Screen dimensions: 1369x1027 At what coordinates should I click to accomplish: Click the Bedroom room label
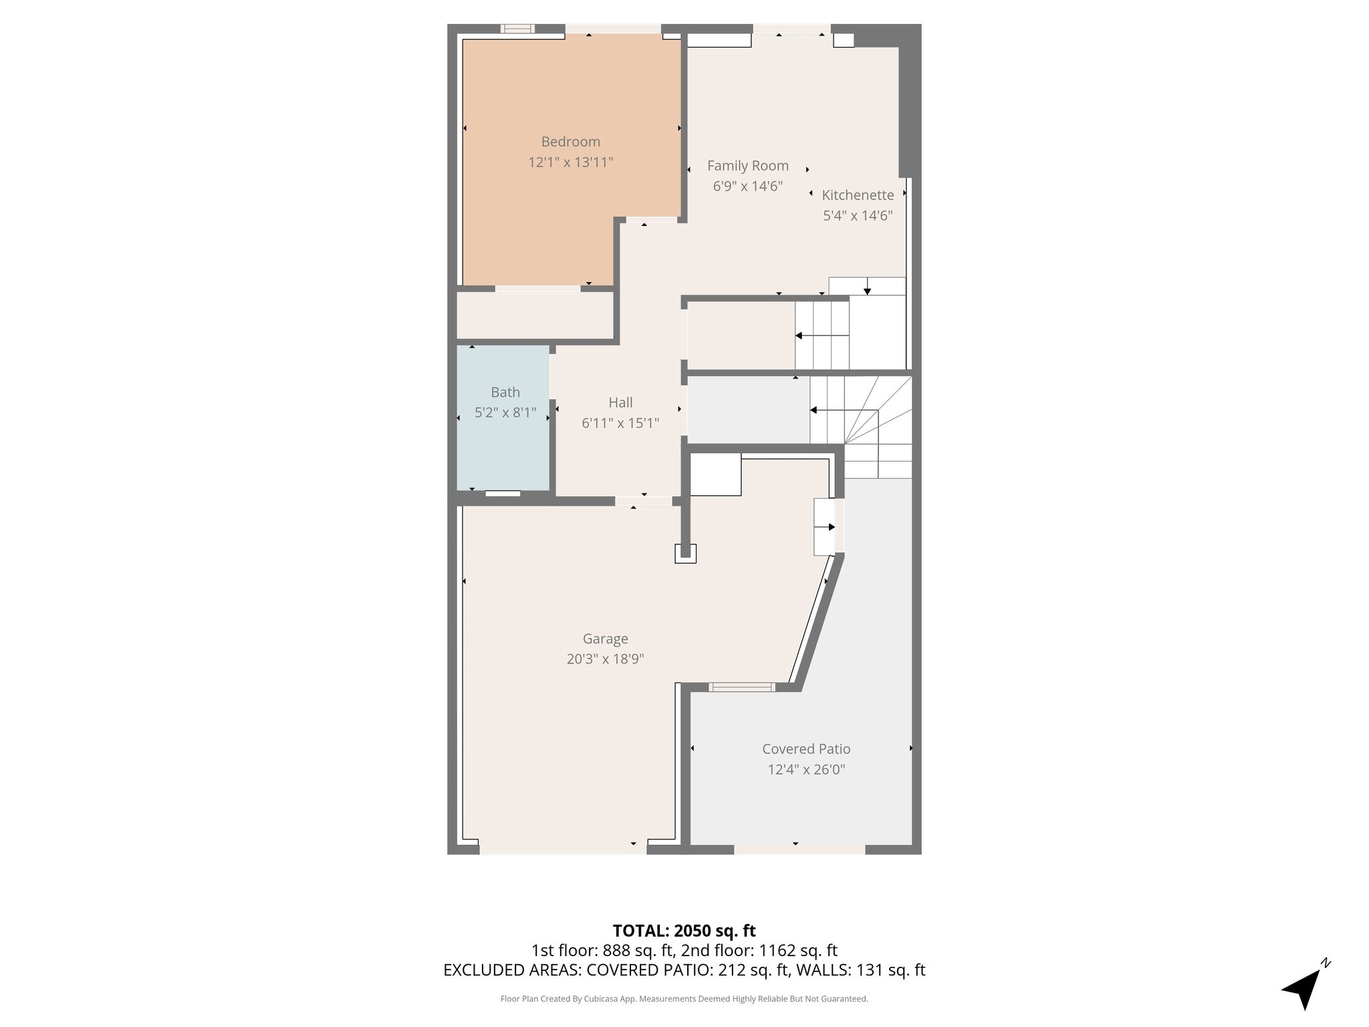(570, 142)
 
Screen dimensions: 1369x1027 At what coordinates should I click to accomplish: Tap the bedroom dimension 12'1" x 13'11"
(570, 162)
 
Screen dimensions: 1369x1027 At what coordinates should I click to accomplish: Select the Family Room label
(747, 166)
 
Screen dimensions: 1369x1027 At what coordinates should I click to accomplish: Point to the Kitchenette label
(858, 195)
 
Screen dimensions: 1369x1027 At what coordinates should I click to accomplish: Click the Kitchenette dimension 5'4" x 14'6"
(858, 215)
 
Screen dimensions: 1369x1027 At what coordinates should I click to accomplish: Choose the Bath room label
(505, 392)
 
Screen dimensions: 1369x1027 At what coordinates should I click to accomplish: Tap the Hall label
(620, 403)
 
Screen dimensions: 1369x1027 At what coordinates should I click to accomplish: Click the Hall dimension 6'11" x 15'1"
(620, 423)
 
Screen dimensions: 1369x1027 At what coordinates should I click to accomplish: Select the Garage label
(605, 639)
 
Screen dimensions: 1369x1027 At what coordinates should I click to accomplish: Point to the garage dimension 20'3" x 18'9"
(605, 659)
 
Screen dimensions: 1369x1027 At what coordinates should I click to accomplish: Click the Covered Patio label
(806, 749)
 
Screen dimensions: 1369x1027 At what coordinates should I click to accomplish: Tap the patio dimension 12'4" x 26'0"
(806, 769)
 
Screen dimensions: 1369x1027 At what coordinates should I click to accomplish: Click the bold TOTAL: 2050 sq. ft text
(684, 931)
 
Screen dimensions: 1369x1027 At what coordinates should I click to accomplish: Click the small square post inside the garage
(685, 554)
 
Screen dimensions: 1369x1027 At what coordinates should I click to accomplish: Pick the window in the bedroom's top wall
(517, 29)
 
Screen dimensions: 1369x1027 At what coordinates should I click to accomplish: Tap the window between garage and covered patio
(741, 687)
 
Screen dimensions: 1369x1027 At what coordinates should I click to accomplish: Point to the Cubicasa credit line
(684, 999)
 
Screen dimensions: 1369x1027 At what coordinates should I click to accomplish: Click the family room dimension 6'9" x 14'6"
(747, 186)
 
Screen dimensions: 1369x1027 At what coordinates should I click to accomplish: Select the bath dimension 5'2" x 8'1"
(505, 413)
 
